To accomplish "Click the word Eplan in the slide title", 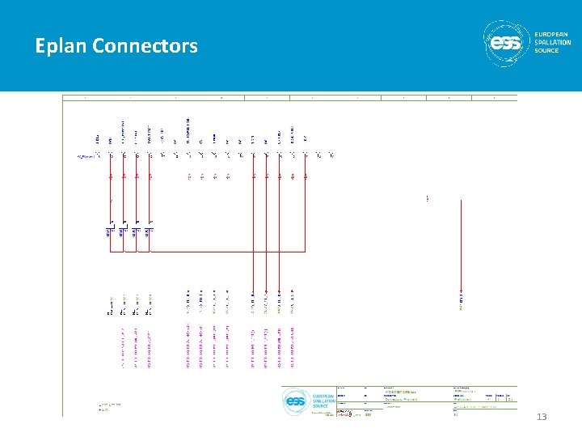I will tap(61, 47).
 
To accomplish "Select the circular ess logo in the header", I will tap(507, 43).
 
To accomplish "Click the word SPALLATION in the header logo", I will tap(553, 42).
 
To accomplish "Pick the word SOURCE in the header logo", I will tap(546, 50).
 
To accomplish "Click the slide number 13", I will tap(542, 417).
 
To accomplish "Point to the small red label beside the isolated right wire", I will tap(427, 198).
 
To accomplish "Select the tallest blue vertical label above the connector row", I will tap(188, 133).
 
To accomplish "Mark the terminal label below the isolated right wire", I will tap(461, 301).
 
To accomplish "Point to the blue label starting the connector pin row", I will tap(85, 155).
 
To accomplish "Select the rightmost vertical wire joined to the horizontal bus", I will tap(306, 210).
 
